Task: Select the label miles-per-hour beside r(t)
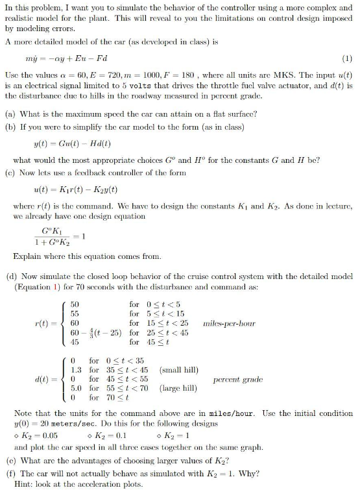229,323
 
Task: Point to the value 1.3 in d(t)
75,370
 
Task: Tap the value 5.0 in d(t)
75,388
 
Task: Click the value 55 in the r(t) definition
75,313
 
